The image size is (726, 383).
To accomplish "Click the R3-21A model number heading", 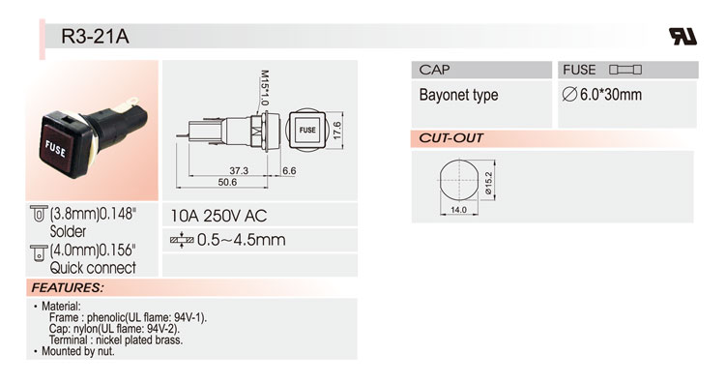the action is (95, 37).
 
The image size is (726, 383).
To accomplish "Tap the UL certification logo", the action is (682, 36).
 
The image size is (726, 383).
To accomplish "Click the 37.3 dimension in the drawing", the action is (239, 170).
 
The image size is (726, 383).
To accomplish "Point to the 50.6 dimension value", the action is (227, 182).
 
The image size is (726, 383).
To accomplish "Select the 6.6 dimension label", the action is (289, 170).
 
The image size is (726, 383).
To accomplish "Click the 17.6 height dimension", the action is (336, 131).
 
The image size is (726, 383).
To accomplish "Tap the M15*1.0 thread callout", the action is (264, 88).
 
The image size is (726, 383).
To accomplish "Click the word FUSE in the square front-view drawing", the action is (307, 131).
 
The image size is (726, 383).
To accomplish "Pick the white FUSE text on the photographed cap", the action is (55, 149).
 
